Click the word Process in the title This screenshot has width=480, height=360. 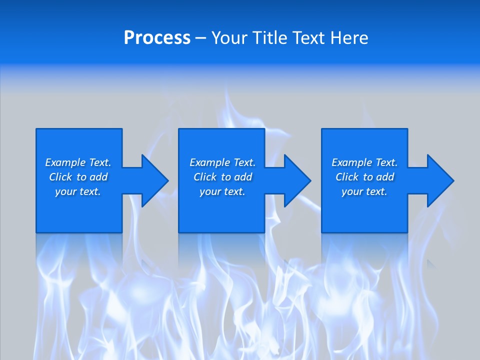coord(157,38)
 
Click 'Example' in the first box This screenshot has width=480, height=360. coord(65,162)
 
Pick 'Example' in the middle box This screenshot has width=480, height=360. coord(209,162)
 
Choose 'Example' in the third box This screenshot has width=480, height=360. coord(351,162)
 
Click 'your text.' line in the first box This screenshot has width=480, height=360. coord(78,192)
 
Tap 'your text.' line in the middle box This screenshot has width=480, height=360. coord(222,192)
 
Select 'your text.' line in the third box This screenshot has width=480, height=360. coord(364,192)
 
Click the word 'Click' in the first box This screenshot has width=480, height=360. coord(60,177)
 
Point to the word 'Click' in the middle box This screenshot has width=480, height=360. coord(205,177)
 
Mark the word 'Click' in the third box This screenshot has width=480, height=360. coord(347,177)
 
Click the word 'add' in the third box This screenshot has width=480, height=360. coord(385,177)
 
